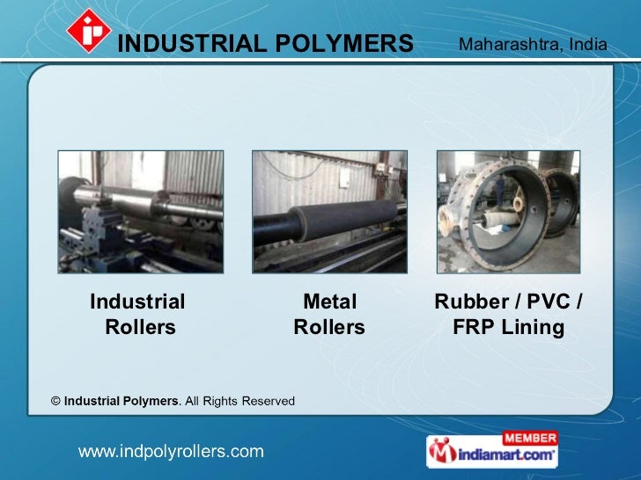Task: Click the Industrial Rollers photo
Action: click(x=141, y=211)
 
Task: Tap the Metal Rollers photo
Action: click(x=330, y=211)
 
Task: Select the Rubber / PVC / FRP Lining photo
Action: click(x=508, y=211)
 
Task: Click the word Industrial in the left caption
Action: click(x=137, y=302)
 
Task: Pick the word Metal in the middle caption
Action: click(x=329, y=302)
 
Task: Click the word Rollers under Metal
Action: click(x=329, y=328)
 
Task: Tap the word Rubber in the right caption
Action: click(x=468, y=302)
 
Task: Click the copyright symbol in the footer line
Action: click(x=55, y=401)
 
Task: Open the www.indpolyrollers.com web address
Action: click(x=172, y=452)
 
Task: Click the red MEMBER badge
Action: click(x=529, y=438)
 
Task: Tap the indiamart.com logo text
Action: click(x=505, y=455)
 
